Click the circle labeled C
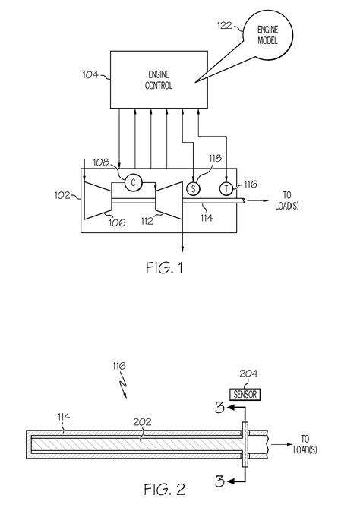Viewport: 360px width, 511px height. tap(132, 182)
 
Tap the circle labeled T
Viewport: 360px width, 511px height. tap(226, 188)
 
